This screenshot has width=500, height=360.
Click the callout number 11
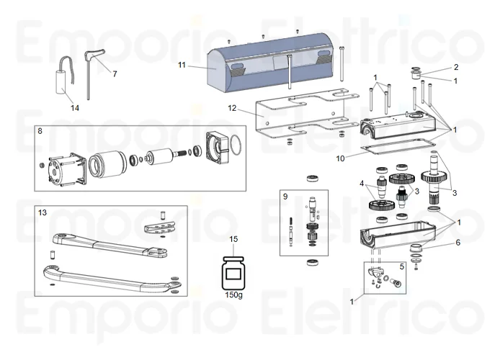tap(182, 65)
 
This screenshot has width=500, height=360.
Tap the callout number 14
tap(75, 107)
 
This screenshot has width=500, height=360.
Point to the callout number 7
tap(114, 74)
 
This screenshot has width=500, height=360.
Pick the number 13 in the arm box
tap(42, 213)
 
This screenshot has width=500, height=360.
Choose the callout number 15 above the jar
tap(233, 239)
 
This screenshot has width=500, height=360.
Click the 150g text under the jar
tap(233, 296)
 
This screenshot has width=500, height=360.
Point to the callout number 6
tap(456, 243)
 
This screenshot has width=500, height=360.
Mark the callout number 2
tap(455, 67)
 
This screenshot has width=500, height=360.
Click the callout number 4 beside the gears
tap(362, 184)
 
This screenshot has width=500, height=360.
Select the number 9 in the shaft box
tap(285, 196)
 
